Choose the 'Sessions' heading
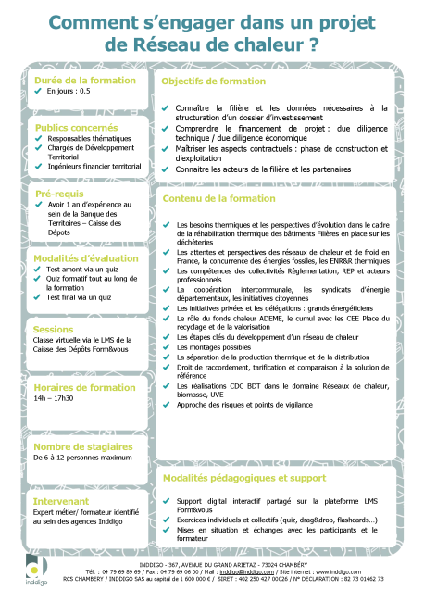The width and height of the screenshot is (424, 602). click(53, 329)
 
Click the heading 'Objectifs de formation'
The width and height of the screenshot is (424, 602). click(213, 82)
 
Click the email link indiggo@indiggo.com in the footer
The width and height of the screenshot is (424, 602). click(241, 572)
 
